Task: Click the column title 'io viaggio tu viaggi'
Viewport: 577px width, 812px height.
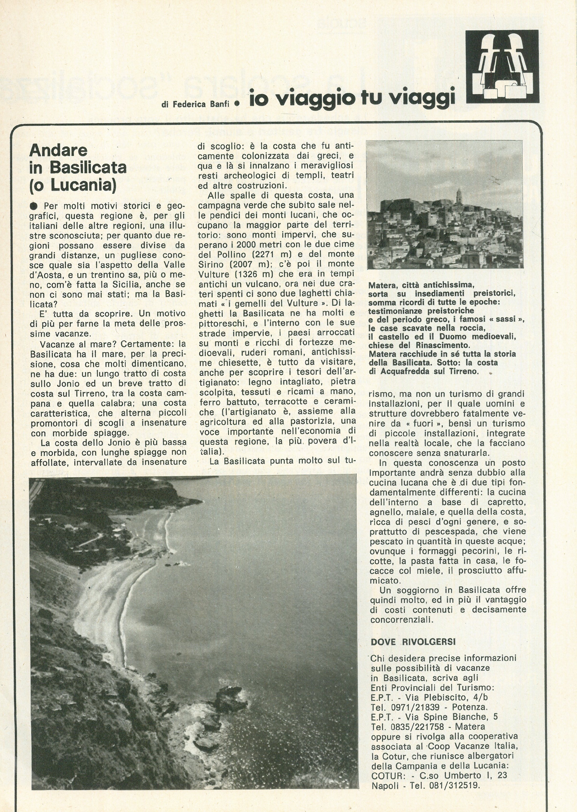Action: click(x=352, y=98)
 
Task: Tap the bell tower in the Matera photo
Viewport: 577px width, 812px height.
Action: click(x=459, y=196)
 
